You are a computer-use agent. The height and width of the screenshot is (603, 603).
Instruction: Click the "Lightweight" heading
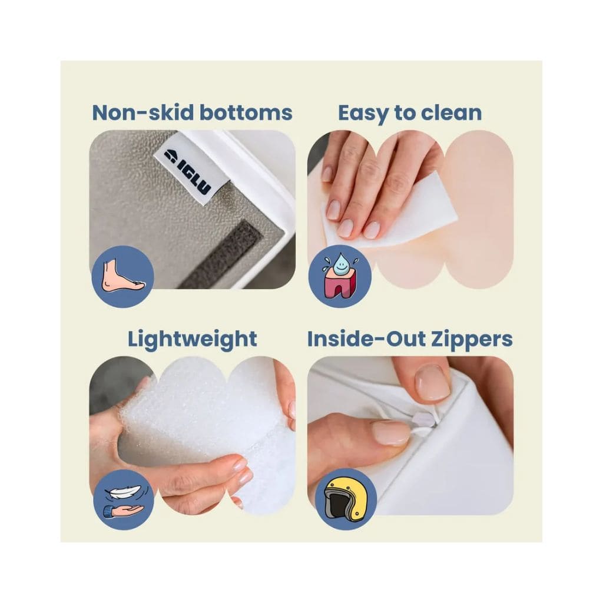(x=193, y=340)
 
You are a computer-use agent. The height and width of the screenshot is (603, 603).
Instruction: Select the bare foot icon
(x=123, y=276)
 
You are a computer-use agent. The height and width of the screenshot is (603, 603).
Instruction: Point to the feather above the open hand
(x=123, y=491)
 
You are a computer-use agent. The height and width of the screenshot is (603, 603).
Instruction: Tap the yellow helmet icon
(x=343, y=499)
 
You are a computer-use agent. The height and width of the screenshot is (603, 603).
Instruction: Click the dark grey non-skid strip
(x=221, y=254)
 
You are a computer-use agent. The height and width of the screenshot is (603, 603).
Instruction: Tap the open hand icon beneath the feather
(x=124, y=511)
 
